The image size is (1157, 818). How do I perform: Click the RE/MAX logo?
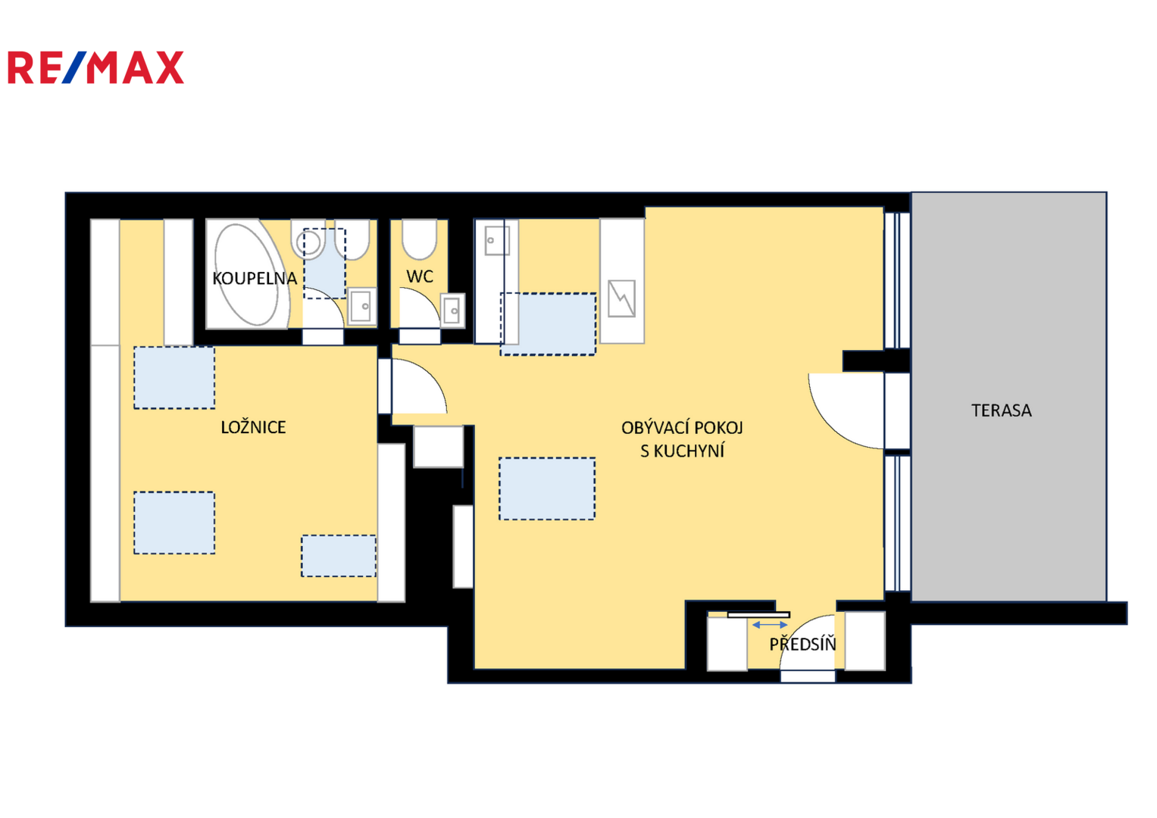pos(96,67)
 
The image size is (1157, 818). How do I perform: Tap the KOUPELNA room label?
pos(255,279)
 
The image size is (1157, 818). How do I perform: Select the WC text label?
pos(420,277)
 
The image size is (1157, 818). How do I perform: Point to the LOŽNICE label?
pos(253,427)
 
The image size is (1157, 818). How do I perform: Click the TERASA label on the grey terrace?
pos(1002,411)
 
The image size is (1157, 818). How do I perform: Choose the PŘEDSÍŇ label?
pos(802,644)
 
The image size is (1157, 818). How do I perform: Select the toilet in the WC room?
pos(420,239)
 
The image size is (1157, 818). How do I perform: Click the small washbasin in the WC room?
pos(452,311)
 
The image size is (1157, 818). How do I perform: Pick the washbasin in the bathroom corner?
pos(361,306)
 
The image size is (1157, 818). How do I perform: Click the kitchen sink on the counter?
pos(497,241)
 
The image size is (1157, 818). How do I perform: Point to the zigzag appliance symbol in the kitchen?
pos(621,298)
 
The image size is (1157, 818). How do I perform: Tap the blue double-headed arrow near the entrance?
pos(770,625)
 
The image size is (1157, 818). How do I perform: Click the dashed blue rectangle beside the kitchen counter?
pos(548,324)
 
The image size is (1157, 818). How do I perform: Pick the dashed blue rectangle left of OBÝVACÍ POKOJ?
pos(547,489)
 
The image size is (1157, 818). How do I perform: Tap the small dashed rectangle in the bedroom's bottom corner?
pos(339,556)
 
